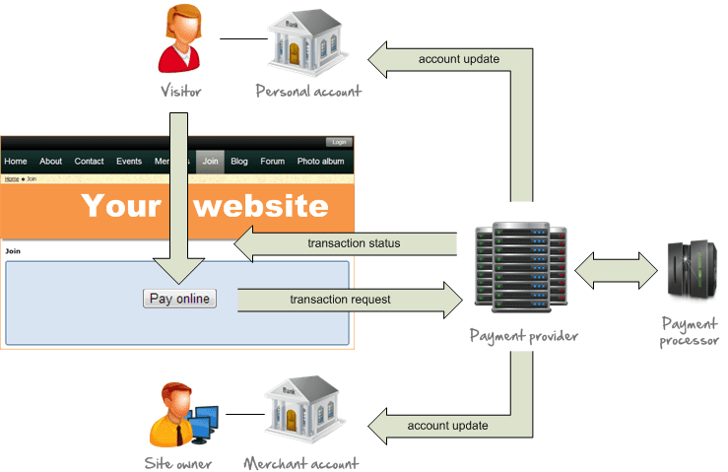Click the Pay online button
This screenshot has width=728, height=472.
(x=179, y=299)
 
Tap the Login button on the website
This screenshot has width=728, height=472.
(x=338, y=142)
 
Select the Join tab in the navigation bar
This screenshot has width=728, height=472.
(x=210, y=162)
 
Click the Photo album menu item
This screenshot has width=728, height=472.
(x=321, y=162)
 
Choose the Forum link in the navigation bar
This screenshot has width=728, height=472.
(x=272, y=162)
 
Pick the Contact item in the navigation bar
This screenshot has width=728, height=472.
(x=89, y=162)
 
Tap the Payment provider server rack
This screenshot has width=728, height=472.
(x=520, y=267)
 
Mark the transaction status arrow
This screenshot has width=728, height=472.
(x=345, y=243)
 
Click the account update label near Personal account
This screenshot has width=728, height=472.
(x=458, y=59)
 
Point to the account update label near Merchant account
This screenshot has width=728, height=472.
(x=447, y=426)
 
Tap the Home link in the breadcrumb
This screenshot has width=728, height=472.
(x=11, y=179)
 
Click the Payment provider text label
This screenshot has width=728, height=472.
(x=523, y=336)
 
